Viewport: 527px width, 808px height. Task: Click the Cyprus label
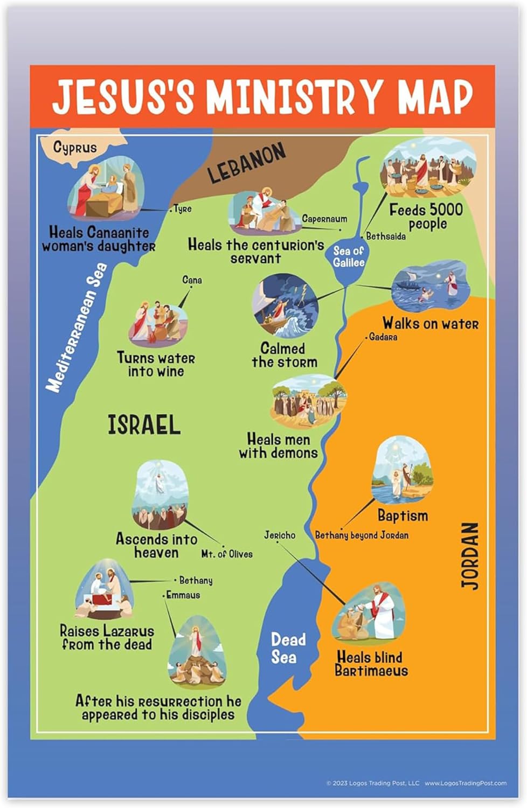click(75, 147)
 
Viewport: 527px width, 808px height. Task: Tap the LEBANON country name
click(246, 163)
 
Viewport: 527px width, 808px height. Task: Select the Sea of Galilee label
click(349, 256)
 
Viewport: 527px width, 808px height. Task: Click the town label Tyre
click(183, 209)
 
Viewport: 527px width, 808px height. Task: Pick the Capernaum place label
click(324, 219)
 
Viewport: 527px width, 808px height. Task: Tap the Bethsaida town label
click(386, 236)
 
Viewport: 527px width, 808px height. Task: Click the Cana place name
click(192, 280)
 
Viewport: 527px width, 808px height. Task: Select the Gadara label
click(383, 337)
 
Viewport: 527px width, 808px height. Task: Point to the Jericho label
click(280, 535)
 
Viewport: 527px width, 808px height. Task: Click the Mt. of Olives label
click(227, 554)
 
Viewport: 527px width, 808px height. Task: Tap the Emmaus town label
click(183, 595)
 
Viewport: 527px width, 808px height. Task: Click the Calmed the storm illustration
click(285, 305)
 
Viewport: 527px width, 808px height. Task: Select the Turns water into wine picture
click(157, 322)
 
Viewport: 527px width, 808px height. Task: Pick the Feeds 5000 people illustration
click(428, 168)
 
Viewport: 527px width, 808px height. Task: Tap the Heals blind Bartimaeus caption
click(371, 664)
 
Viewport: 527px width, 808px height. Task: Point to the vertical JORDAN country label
click(470, 555)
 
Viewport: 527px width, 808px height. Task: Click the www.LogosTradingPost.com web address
click(465, 783)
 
